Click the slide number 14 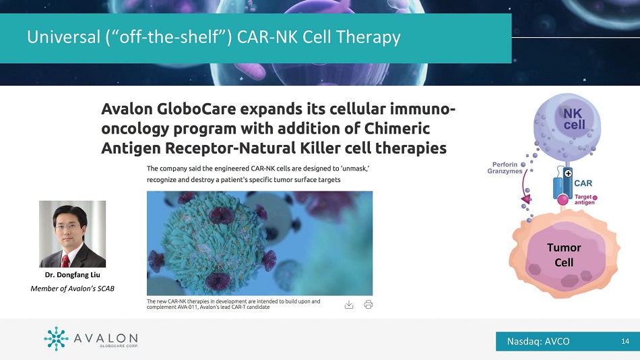tap(625, 341)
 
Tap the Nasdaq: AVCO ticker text tap(538, 342)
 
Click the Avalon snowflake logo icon tap(56, 338)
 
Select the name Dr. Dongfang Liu tap(72, 274)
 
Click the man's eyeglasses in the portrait tap(67, 227)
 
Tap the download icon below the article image tap(349, 305)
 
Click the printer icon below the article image tap(368, 305)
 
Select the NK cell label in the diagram tap(574, 119)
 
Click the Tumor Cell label tap(564, 255)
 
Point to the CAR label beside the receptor tap(583, 183)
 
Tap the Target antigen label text tap(583, 200)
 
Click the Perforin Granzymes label tap(505, 168)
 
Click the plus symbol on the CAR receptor tap(568, 174)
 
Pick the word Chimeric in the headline tap(397, 128)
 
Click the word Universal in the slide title tap(64, 37)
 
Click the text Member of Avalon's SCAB tap(72, 289)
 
